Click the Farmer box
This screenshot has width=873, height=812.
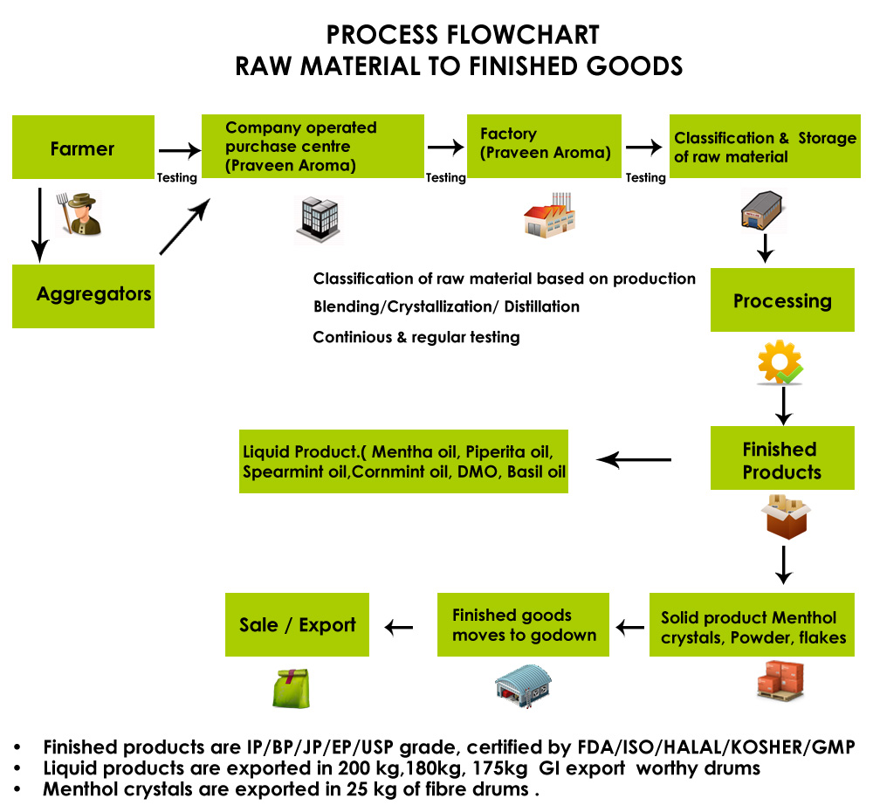tap(83, 148)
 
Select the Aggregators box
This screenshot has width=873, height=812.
tap(83, 294)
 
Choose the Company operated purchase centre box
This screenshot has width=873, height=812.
tap(301, 147)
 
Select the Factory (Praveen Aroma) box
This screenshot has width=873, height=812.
tap(544, 146)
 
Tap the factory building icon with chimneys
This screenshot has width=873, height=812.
tap(549, 215)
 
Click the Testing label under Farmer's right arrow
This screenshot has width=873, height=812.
tap(176, 177)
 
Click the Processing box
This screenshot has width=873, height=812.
tap(782, 300)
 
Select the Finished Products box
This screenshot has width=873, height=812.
tap(782, 460)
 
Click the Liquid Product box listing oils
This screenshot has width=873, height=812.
tap(403, 461)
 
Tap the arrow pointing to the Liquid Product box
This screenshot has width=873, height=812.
tap(634, 459)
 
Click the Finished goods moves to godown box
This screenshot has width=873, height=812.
tap(523, 625)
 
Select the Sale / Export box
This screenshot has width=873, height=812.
tap(298, 625)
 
